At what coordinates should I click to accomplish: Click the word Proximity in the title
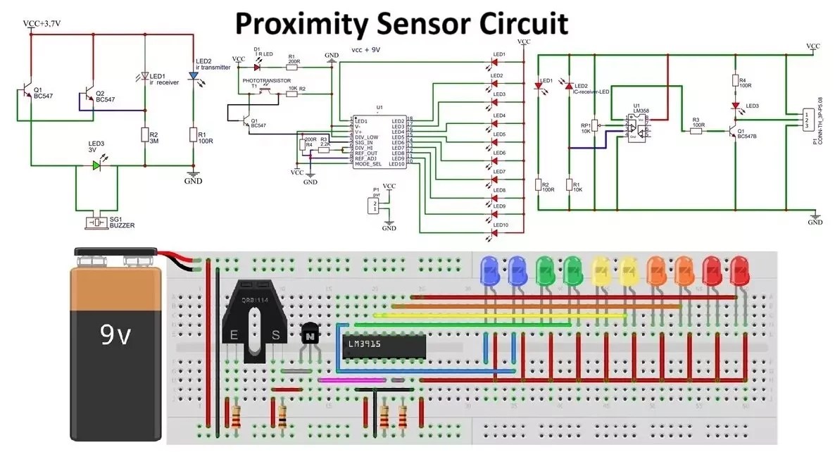pos(301,23)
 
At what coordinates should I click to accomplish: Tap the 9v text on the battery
pos(115,337)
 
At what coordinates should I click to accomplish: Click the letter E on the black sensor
pos(233,336)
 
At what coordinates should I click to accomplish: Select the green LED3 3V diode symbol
pos(96,165)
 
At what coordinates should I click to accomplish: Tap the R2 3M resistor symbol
pos(144,135)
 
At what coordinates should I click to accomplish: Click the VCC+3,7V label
pos(42,23)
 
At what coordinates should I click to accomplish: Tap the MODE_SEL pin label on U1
pos(368,164)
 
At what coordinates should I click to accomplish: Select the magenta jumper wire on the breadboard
pos(352,379)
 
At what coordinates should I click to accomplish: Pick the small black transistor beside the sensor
pos(309,336)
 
